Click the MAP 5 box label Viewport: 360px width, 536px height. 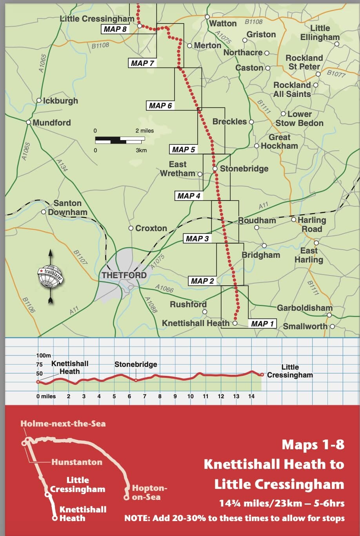(184, 149)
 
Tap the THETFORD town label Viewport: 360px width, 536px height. (124, 275)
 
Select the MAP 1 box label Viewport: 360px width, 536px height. (262, 324)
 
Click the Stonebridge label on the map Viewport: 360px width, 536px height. (244, 169)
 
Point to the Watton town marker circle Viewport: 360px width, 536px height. (207, 17)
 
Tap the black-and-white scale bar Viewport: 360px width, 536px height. (120, 139)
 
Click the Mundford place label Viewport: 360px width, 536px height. (51, 122)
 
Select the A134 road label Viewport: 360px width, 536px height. (62, 165)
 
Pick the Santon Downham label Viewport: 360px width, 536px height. (68, 208)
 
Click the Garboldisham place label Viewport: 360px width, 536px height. (304, 308)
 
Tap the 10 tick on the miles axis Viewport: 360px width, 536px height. (190, 396)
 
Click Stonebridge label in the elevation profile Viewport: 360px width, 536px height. (136, 365)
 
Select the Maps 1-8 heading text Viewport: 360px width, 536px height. (313, 444)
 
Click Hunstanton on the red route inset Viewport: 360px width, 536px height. (76, 462)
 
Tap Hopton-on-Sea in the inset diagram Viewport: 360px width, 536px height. (149, 492)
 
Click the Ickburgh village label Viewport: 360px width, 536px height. (60, 101)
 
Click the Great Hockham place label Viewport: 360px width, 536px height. (279, 142)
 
